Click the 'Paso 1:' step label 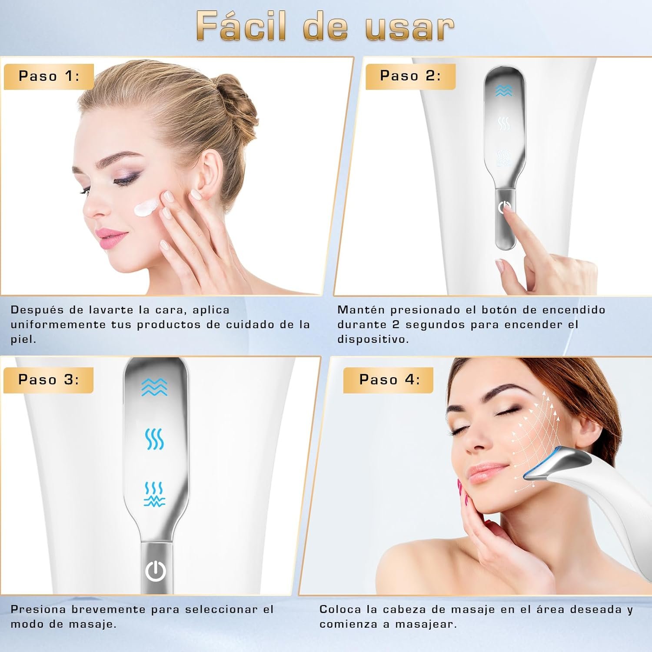coord(49,77)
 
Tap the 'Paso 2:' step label coord(410,76)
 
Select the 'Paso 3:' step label coord(48,380)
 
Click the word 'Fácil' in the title coord(241,26)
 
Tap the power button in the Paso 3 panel coord(156,571)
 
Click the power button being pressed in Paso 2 coord(504,208)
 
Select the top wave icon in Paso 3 coord(154,387)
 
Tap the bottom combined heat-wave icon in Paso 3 coord(154,494)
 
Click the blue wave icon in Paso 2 coord(504,90)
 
